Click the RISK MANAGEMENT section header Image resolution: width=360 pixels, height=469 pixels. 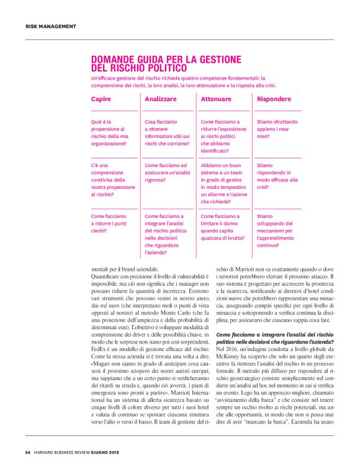click(x=50, y=26)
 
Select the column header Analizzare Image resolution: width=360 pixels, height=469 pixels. click(x=160, y=99)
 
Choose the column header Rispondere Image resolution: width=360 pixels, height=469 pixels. click(x=273, y=99)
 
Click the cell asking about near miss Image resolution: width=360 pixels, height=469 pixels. click(x=275, y=129)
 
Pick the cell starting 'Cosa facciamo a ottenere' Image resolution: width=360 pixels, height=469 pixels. click(x=166, y=132)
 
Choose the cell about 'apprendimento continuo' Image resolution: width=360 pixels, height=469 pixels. click(x=278, y=230)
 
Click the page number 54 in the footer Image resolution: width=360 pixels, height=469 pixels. click(x=28, y=451)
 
